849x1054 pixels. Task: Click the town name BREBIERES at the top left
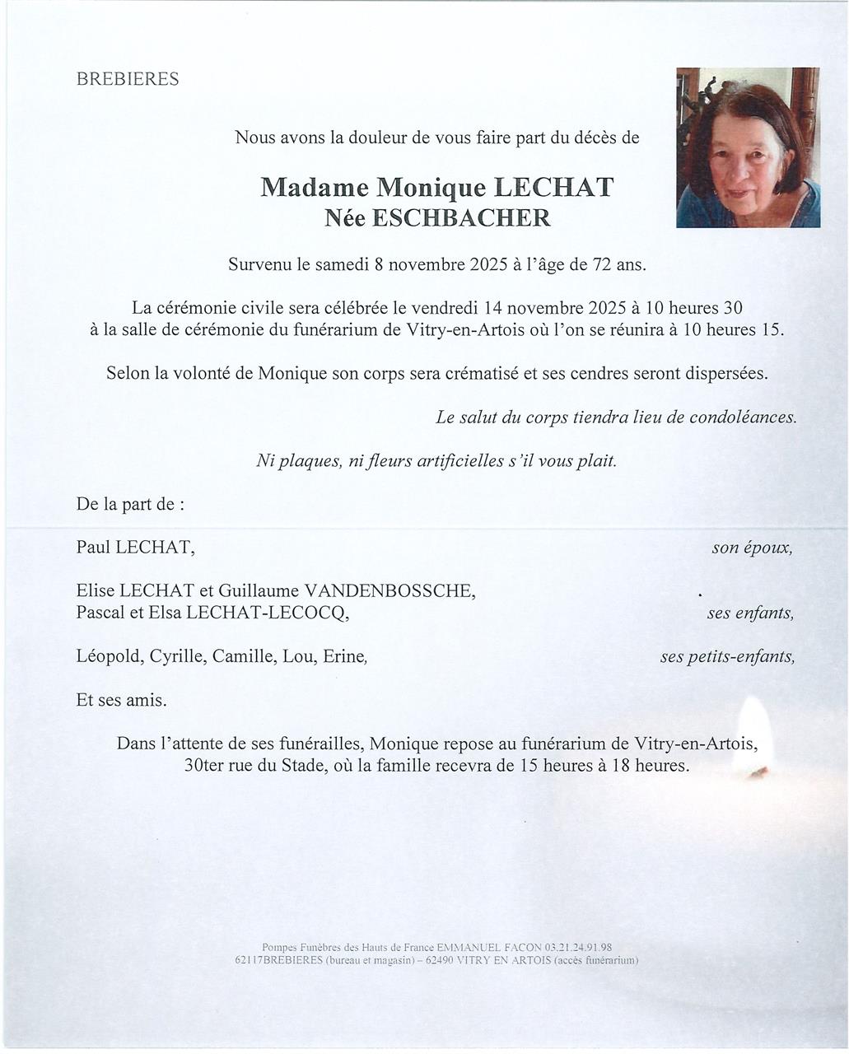(x=128, y=80)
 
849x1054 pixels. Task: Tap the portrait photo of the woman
(x=748, y=147)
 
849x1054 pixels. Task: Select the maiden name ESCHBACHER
(x=461, y=217)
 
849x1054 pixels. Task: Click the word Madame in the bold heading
(x=314, y=188)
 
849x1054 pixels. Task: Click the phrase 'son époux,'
(x=753, y=548)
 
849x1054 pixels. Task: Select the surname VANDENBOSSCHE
(x=389, y=591)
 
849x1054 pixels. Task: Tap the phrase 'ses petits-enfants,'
(x=727, y=657)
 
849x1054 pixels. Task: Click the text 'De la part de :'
(x=130, y=504)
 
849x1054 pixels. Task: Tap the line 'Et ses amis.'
(x=122, y=701)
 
